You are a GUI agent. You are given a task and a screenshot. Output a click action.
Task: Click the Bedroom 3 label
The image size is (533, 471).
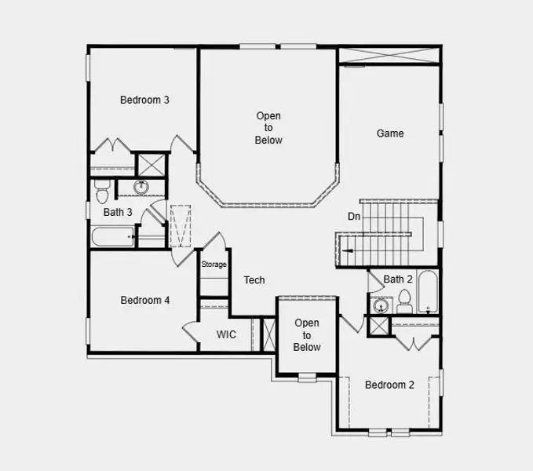pyautogui.click(x=144, y=100)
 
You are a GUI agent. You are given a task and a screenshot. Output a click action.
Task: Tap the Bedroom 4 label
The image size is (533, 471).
pyautogui.click(x=144, y=300)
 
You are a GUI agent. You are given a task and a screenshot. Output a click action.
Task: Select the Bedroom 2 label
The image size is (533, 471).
pyautogui.click(x=389, y=385)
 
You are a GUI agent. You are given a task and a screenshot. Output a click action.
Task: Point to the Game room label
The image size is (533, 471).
pyautogui.click(x=390, y=133)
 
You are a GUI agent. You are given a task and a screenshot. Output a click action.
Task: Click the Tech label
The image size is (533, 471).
pyautogui.click(x=254, y=280)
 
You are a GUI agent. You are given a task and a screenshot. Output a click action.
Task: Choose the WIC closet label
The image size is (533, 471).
pyautogui.click(x=226, y=334)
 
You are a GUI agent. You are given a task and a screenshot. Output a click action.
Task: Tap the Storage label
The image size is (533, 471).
pyautogui.click(x=214, y=265)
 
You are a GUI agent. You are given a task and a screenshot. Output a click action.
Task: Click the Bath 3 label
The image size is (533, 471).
pyautogui.click(x=118, y=212)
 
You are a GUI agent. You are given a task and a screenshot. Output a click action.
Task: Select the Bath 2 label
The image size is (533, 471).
pyautogui.click(x=398, y=279)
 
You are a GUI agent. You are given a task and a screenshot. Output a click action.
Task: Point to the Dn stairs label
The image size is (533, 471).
pyautogui.click(x=355, y=217)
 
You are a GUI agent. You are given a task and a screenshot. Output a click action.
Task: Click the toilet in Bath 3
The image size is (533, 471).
pyautogui.click(x=101, y=192)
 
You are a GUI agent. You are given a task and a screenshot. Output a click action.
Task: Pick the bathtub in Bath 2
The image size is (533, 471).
pyautogui.click(x=428, y=291)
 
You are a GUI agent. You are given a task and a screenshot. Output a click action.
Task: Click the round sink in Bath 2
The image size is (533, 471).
pyautogui.click(x=381, y=305)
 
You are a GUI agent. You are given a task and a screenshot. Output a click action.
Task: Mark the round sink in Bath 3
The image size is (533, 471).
pyautogui.click(x=142, y=187)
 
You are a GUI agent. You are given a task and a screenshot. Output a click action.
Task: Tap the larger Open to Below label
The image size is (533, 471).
pyautogui.click(x=268, y=128)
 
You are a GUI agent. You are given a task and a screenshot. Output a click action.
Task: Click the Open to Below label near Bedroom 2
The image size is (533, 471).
pyautogui.click(x=307, y=335)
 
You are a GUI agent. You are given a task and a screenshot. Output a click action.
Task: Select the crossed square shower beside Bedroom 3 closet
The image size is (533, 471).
pyautogui.click(x=149, y=164)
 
